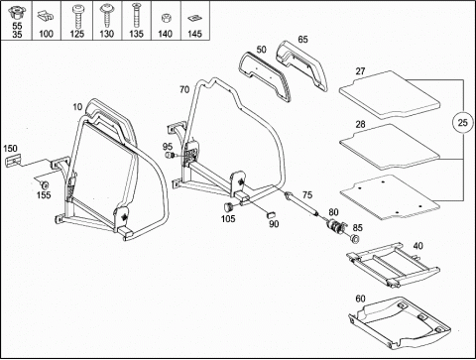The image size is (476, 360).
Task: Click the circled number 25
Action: [x=462, y=123]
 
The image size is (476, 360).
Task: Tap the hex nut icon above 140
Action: [x=165, y=18]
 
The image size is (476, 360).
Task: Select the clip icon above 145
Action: [x=193, y=19]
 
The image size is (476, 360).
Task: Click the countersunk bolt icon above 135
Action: [x=136, y=15]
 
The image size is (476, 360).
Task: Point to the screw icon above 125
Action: [x=77, y=16]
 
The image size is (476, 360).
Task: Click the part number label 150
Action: [x=11, y=149]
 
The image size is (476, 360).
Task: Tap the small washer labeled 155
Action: [x=44, y=184]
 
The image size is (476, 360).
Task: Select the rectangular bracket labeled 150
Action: [x=13, y=161]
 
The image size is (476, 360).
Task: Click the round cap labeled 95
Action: [x=170, y=155]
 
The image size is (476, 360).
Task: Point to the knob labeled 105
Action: [x=228, y=207]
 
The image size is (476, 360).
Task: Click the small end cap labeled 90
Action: [x=271, y=212]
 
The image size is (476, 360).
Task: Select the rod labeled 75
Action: [x=301, y=204]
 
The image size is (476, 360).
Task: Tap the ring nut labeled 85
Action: [x=355, y=238]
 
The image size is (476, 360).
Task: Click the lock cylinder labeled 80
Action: [x=335, y=226]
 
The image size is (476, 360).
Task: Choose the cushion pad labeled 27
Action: [x=390, y=94]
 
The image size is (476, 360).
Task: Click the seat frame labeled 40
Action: [x=394, y=265]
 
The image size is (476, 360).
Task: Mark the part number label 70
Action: [x=184, y=89]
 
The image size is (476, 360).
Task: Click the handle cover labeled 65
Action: [x=301, y=65]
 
